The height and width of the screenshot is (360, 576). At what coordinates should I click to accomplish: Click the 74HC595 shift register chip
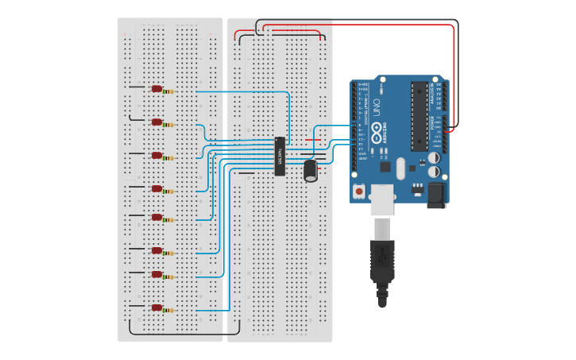click(280, 156)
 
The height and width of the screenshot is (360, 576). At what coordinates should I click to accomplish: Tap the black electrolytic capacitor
click(311, 170)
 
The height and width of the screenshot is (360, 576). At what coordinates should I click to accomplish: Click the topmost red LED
click(157, 89)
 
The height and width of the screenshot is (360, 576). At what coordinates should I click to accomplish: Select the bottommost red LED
click(157, 308)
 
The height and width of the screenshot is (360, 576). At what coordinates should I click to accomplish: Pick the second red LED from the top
click(157, 122)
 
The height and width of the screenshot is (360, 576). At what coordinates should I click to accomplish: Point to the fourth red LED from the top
click(157, 188)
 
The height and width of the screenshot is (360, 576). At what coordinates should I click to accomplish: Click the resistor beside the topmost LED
click(169, 91)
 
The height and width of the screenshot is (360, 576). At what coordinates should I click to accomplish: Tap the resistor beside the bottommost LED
click(169, 310)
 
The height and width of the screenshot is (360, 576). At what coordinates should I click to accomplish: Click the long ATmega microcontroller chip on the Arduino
click(419, 116)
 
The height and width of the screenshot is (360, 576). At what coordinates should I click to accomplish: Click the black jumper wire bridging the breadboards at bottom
click(184, 334)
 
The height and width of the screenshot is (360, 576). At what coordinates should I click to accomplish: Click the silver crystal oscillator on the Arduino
click(401, 167)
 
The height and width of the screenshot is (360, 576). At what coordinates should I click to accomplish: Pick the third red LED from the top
click(157, 155)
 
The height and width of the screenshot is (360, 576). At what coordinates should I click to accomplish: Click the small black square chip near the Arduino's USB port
click(385, 167)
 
